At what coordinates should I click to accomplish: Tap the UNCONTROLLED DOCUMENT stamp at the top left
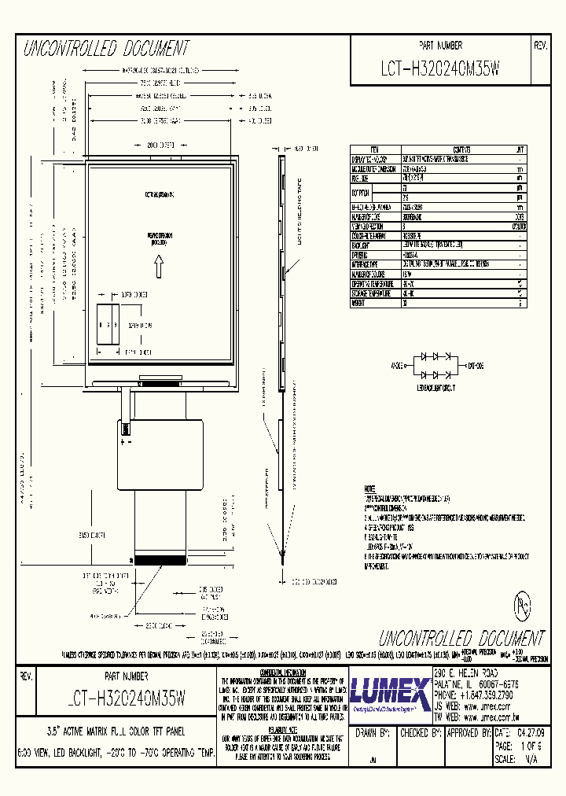[106, 50]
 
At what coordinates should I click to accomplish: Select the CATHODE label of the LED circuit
[476, 366]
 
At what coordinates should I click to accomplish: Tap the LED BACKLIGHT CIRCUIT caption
[436, 388]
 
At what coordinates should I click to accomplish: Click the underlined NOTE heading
[370, 488]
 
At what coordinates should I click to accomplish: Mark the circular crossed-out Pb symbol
[520, 606]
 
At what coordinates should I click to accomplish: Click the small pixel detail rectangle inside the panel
[108, 322]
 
